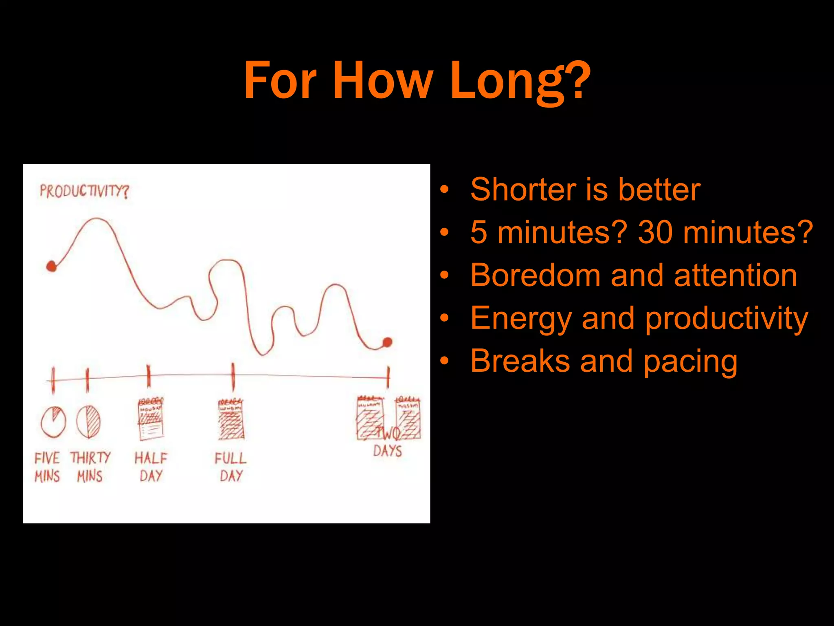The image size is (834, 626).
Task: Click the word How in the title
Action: tap(383, 80)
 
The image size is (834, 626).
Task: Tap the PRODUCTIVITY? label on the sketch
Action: tap(84, 191)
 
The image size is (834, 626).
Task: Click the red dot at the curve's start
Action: tap(51, 266)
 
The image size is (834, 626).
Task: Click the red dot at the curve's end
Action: tap(387, 342)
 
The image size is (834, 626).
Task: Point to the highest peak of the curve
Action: tap(97, 220)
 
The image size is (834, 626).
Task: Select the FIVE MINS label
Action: tap(47, 467)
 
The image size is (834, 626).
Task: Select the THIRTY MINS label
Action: tap(90, 467)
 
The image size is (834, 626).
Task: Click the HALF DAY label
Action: tap(151, 467)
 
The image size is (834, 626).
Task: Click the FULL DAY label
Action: tap(231, 467)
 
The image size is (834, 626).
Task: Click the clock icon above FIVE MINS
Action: tap(53, 422)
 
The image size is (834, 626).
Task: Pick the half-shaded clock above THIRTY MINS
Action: tap(88, 422)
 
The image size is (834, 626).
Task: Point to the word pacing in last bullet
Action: tap(690, 362)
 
